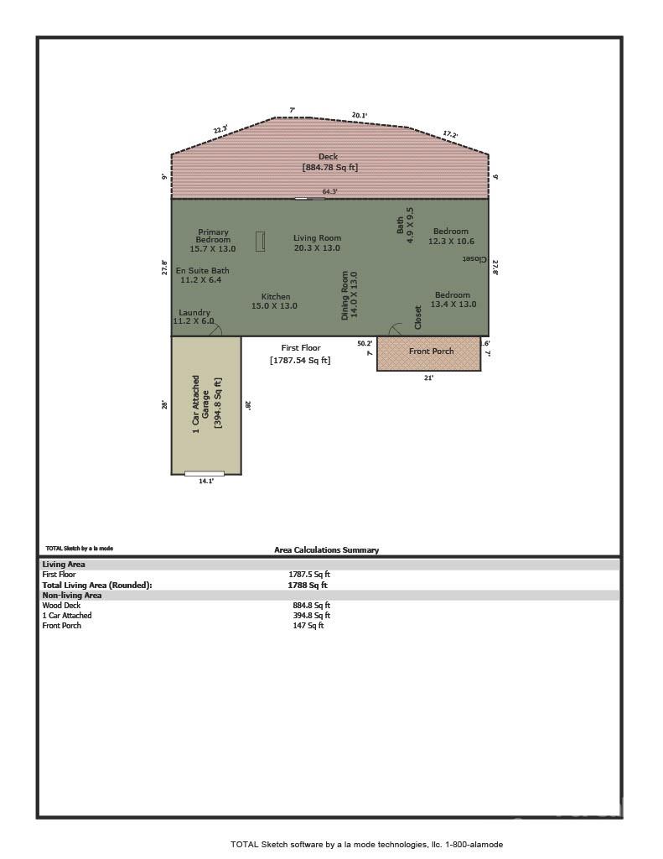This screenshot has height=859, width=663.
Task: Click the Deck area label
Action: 329,162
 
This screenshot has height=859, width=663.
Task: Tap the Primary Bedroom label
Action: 213,240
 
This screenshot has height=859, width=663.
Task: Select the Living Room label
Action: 317,242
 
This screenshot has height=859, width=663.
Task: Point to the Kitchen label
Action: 275,301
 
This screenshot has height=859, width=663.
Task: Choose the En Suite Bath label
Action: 201,275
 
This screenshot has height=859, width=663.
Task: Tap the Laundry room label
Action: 194,317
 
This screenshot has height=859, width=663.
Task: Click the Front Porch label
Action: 431,351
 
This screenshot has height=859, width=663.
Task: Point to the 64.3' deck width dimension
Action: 329,192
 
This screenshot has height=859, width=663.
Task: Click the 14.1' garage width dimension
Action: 206,482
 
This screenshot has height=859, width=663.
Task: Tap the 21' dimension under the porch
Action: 428,378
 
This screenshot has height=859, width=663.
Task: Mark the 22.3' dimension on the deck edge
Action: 220,130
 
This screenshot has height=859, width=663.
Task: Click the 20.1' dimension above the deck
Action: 359,116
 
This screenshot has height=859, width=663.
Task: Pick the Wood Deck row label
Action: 61,605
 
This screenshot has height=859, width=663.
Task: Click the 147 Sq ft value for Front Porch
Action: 308,626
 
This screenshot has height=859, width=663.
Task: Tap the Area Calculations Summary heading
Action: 326,550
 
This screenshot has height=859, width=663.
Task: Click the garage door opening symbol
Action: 205,474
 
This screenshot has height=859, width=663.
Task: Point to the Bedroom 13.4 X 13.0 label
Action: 453,299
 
